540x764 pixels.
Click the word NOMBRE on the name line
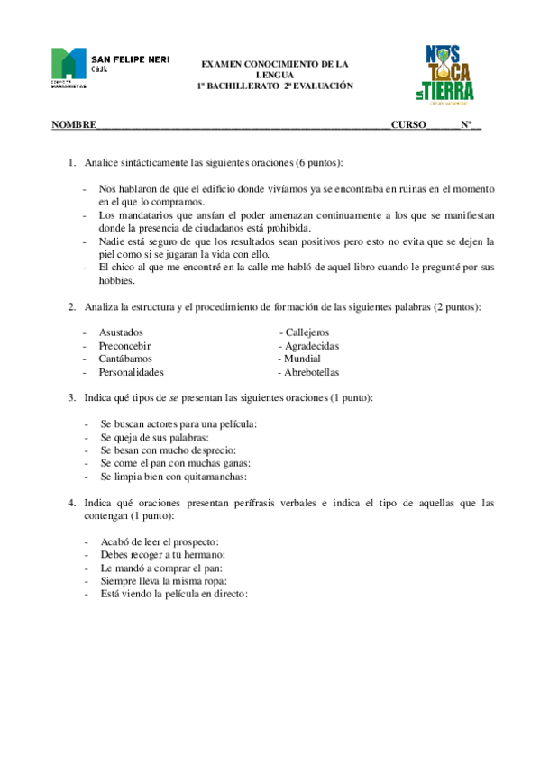(x=73, y=125)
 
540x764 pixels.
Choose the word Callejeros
(x=307, y=332)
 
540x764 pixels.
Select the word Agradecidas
(x=312, y=345)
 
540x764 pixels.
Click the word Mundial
(x=302, y=358)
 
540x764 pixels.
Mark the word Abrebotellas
(x=312, y=371)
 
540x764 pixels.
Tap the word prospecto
(x=192, y=542)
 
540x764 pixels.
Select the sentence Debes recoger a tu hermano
(x=162, y=555)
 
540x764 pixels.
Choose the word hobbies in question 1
(x=116, y=280)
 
